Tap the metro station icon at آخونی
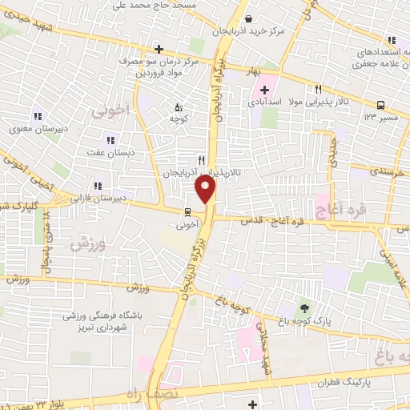coord(187,212)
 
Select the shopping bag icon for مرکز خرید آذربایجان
coord(248,19)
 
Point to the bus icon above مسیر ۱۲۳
coord(380,105)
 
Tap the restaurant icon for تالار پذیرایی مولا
coord(318,90)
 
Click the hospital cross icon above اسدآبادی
coord(264,89)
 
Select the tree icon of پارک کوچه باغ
coord(303,306)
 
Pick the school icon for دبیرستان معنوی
coord(38,115)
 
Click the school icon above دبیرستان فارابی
coord(97,185)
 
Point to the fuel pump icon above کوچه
coord(178,107)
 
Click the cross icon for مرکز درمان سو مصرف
coord(159,50)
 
